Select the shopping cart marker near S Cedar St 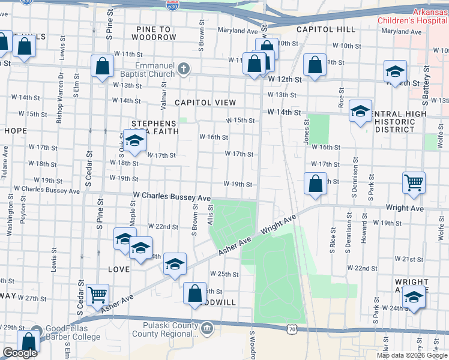97,295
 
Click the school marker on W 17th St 135,141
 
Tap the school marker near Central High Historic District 360,111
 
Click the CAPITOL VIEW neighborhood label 205,103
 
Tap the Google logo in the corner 20,353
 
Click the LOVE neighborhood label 119,269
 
